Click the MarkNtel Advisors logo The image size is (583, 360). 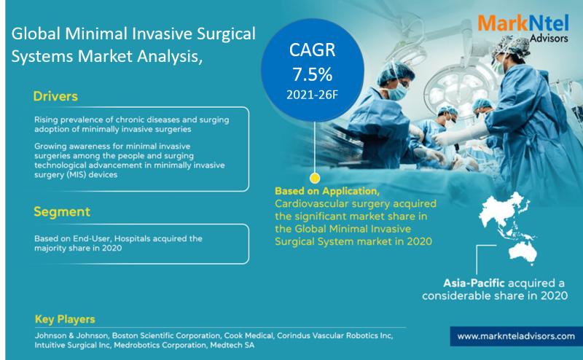(523, 28)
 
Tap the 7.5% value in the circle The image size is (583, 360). (312, 74)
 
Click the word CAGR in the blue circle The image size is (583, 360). (313, 50)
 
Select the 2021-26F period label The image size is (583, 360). (312, 95)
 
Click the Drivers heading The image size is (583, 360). (55, 96)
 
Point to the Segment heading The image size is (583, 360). (62, 211)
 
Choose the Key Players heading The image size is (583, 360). (65, 319)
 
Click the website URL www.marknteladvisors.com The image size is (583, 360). (516, 336)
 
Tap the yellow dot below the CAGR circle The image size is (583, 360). (315, 178)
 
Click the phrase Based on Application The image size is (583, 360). (326, 191)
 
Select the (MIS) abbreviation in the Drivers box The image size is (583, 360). (77, 175)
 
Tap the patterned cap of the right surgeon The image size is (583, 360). (512, 46)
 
